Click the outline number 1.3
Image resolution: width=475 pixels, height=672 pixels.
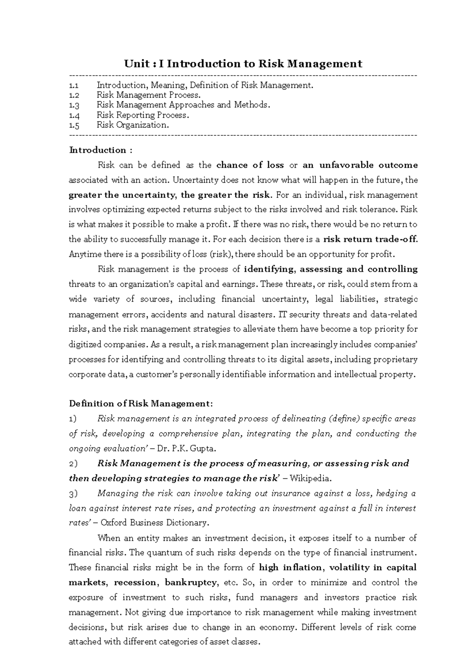(x=74, y=105)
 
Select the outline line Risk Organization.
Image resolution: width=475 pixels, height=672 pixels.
(x=133, y=125)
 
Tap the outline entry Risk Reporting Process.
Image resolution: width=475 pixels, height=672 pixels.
(x=142, y=115)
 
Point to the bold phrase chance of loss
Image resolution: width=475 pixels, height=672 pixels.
(x=250, y=165)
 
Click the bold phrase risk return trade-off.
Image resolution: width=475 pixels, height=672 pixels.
(x=370, y=239)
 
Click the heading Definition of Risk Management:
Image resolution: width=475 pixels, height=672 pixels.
(x=141, y=404)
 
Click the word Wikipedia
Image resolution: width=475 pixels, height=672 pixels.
(x=310, y=478)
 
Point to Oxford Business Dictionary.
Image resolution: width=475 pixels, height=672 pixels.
(x=154, y=523)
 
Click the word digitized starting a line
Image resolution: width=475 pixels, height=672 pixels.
(x=84, y=344)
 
